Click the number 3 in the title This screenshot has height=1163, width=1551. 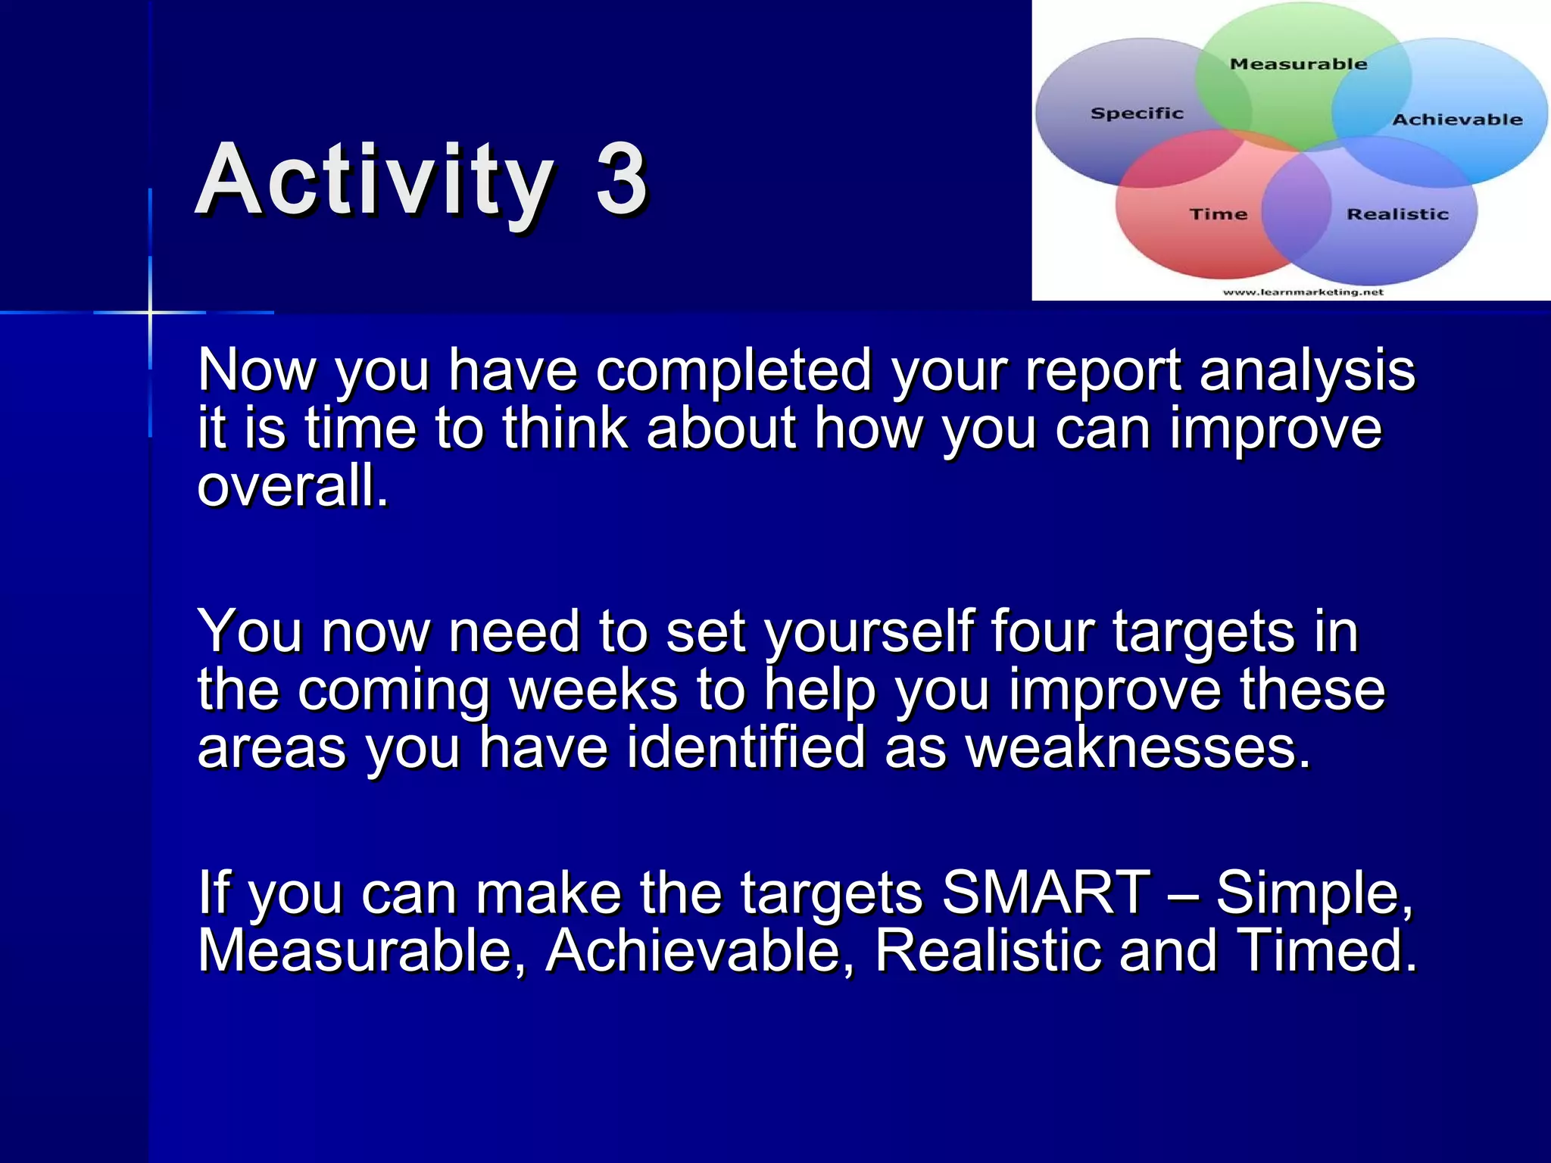click(x=621, y=180)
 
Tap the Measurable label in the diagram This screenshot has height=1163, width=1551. click(x=1298, y=64)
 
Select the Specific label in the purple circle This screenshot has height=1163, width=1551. click(x=1136, y=114)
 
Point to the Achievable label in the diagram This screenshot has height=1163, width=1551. click(x=1456, y=120)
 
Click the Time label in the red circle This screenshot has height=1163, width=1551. click(x=1218, y=214)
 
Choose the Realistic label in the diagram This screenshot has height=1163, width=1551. click(x=1397, y=214)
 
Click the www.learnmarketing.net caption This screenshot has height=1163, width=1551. click(x=1303, y=292)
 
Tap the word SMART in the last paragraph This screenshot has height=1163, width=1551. click(x=1045, y=893)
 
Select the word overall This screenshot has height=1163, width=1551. click(x=292, y=486)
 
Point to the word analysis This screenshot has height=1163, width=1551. click(x=1307, y=371)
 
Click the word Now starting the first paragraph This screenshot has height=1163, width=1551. click(x=256, y=371)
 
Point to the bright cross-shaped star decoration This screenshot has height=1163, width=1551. click(x=150, y=311)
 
